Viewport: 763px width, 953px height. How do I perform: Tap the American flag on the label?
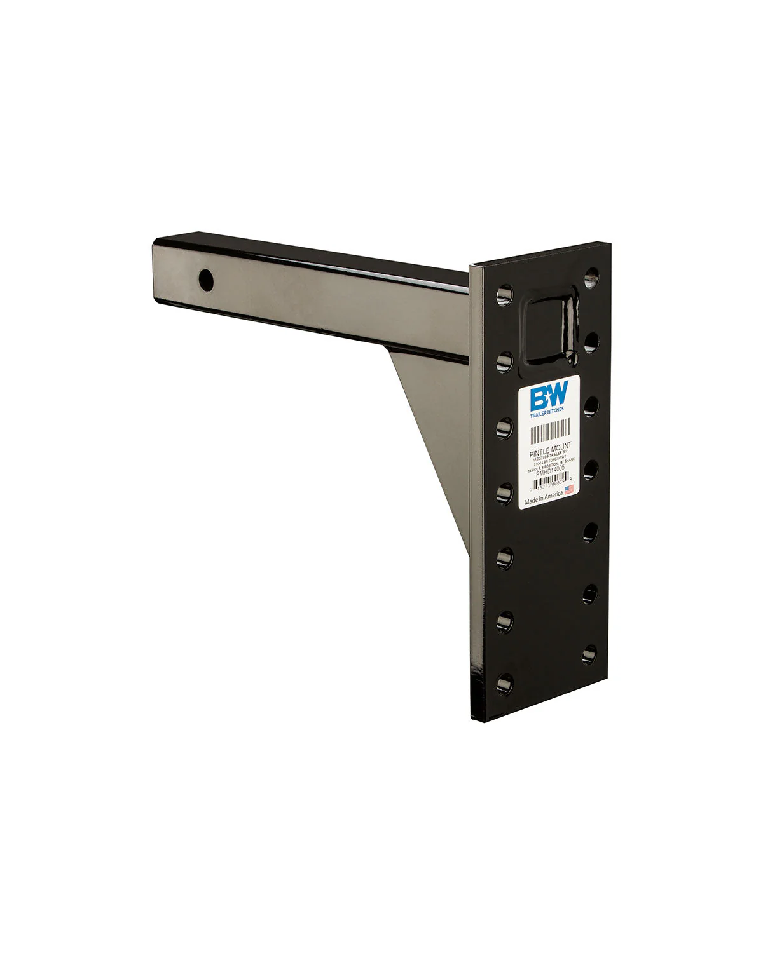(569, 489)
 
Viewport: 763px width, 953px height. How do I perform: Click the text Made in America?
(543, 499)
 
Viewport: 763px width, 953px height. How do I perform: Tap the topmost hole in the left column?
(504, 295)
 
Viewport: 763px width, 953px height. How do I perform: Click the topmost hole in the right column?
(592, 275)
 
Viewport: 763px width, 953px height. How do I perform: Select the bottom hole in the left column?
(505, 684)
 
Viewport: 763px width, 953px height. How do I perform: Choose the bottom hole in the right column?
(590, 652)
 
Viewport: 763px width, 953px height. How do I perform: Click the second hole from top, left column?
(504, 362)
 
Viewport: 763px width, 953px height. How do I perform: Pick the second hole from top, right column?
(591, 341)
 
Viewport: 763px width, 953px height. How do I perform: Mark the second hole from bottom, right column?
(590, 592)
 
